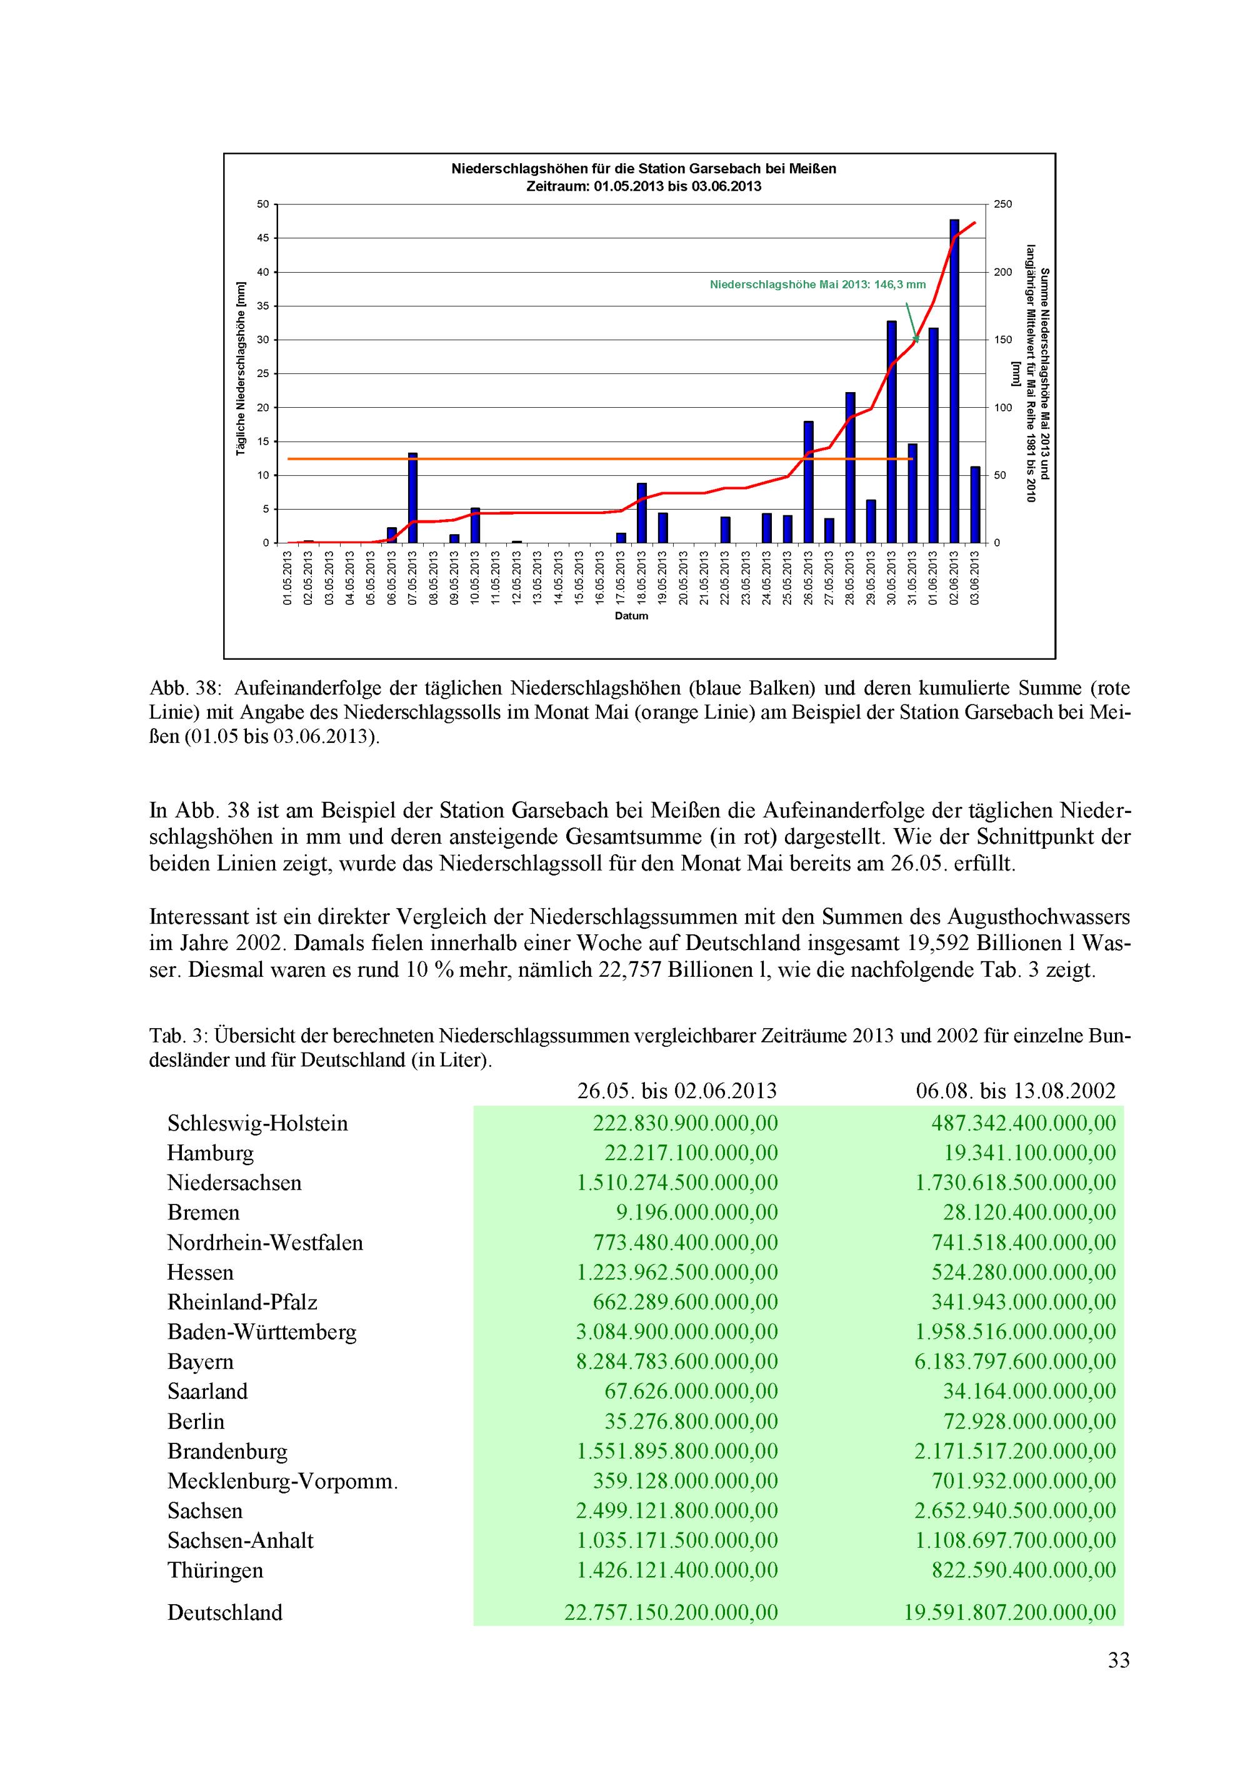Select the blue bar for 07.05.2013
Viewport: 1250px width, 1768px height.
(412, 498)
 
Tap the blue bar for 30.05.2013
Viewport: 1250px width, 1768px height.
(891, 432)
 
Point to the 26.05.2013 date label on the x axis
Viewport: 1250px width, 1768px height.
(808, 577)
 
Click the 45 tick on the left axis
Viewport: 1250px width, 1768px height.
(263, 238)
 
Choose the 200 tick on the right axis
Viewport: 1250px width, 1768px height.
(1003, 272)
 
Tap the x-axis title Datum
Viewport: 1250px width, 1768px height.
(631, 616)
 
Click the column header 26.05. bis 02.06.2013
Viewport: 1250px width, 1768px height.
(677, 1090)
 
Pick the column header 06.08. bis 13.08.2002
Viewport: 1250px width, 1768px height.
(1015, 1090)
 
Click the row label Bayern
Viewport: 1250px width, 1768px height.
(200, 1361)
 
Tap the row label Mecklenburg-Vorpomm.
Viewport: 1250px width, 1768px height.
(282, 1481)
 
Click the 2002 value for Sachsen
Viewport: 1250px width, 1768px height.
(1014, 1511)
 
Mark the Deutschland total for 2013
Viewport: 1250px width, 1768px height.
(671, 1612)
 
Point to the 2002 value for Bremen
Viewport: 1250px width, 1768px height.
(1029, 1212)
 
